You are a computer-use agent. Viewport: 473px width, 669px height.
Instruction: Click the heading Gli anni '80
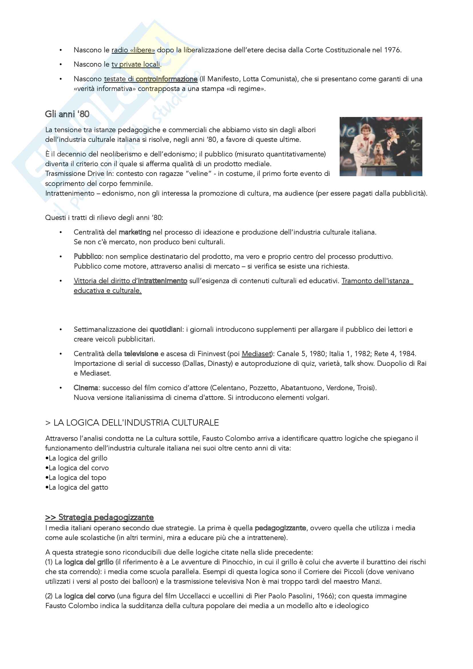pyautogui.click(x=67, y=114)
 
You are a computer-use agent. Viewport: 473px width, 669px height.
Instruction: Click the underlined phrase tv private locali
pyautogui.click(x=136, y=64)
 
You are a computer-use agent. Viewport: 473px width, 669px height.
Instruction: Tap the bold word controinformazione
pyautogui.click(x=167, y=79)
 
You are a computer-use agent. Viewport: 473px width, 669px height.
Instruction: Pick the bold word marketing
pyautogui.click(x=135, y=232)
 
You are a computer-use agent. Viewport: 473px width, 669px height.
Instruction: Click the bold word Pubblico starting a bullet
pyautogui.click(x=88, y=256)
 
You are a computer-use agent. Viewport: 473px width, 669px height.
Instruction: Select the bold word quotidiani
pyautogui.click(x=165, y=329)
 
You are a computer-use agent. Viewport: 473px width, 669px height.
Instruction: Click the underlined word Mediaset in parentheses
pyautogui.click(x=256, y=354)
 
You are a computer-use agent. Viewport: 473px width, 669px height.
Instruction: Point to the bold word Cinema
pyautogui.click(x=86, y=388)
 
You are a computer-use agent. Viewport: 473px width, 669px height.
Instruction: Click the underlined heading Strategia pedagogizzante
pyautogui.click(x=100, y=517)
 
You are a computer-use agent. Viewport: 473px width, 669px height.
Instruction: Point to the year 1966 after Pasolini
pyautogui.click(x=325, y=596)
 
